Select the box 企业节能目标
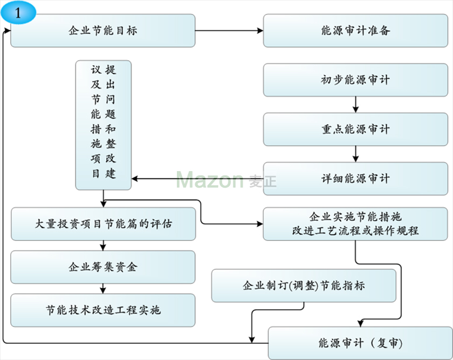coord(103,31)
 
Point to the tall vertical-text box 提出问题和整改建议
coord(103,125)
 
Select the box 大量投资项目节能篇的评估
coord(103,223)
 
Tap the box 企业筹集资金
coord(103,267)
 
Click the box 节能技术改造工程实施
coord(103,310)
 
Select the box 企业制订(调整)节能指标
coord(304,286)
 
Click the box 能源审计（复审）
coord(360,343)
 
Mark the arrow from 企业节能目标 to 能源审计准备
coord(229,31)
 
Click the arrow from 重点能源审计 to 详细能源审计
coord(355,154)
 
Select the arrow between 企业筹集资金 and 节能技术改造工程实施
coord(103,289)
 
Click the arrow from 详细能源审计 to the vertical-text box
coord(197,179)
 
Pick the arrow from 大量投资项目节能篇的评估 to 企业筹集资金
coord(103,246)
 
